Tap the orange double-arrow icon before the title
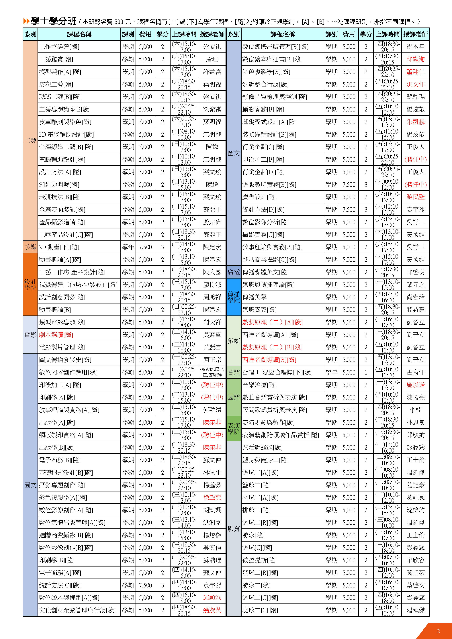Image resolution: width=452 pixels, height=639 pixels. tap(26, 21)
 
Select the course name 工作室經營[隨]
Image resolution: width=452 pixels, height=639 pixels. tap(59, 47)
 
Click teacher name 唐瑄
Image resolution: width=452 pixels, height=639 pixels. tap(212, 59)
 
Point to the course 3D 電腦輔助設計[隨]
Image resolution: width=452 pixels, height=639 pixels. tap(66, 134)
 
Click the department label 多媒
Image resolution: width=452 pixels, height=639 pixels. tap(30, 247)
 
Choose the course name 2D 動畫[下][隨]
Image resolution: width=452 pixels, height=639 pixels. tap(59, 247)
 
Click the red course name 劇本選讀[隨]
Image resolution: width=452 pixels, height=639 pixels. tap(56, 335)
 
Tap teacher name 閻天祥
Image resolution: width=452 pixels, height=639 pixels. tap(212, 322)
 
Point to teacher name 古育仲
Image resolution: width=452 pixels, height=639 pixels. tap(415, 372)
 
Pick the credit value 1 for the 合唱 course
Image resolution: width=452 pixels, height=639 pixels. tap(366, 372)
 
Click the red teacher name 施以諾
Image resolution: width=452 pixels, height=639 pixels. tap(415, 385)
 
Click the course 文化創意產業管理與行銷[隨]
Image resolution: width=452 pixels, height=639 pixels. tap(77, 610)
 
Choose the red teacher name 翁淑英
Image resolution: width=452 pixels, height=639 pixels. tap(212, 610)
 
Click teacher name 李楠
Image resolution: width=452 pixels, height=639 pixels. tap(415, 410)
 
